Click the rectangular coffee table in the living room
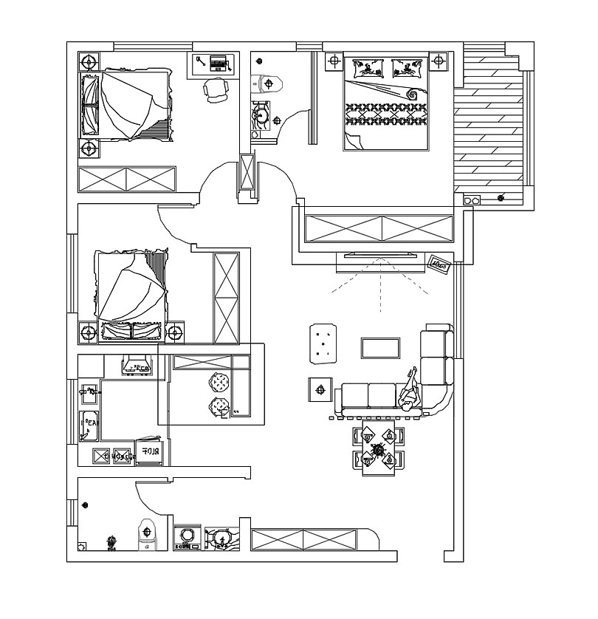[380, 348]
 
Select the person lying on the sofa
[409, 391]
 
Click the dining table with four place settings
[379, 448]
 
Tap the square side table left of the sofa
[320, 389]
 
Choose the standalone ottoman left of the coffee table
[321, 343]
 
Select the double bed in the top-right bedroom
[385, 103]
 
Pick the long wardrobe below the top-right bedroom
[379, 228]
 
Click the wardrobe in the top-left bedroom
[127, 179]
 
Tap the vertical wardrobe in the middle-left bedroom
[226, 298]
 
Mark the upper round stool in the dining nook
[219, 383]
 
